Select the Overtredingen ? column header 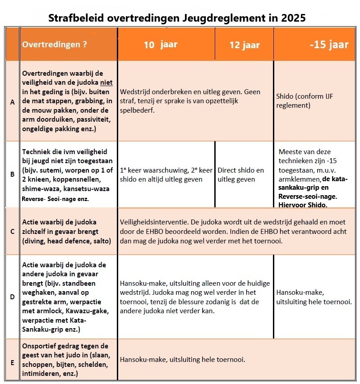click(55, 45)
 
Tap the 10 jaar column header click(161, 45)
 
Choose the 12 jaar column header click(244, 45)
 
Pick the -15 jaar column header click(329, 45)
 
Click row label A click(12, 102)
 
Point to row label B click(12, 173)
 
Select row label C click(12, 232)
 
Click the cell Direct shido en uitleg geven click(240, 175)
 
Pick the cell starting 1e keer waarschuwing click(166, 175)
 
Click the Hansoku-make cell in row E click(182, 360)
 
